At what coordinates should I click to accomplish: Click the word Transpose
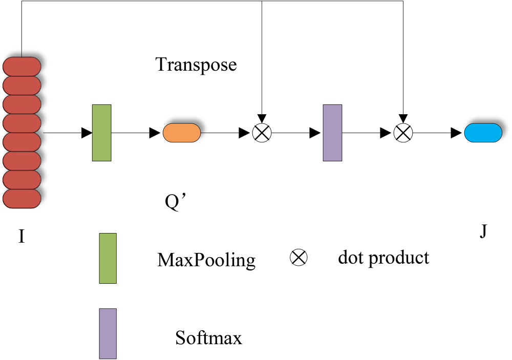(x=196, y=65)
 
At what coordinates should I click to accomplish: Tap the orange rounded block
(x=182, y=133)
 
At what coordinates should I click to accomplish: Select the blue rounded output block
(x=483, y=133)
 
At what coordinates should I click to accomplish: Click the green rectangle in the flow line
(x=102, y=133)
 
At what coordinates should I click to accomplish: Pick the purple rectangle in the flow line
(x=332, y=133)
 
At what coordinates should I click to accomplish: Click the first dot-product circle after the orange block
(x=262, y=133)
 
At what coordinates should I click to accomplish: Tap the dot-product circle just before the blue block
(x=403, y=133)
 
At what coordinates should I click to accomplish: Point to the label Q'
(x=175, y=202)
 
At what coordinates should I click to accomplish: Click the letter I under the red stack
(x=22, y=236)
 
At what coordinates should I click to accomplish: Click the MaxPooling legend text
(x=206, y=260)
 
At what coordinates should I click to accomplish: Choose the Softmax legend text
(x=209, y=337)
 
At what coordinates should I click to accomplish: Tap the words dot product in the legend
(x=383, y=258)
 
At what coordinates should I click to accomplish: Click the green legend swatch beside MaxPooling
(x=108, y=259)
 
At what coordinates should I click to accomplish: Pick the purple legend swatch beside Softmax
(x=108, y=333)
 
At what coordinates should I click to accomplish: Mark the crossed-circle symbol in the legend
(x=299, y=258)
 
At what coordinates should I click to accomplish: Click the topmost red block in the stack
(x=22, y=67)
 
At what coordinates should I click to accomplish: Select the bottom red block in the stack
(x=22, y=199)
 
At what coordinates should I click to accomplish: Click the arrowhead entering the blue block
(x=457, y=133)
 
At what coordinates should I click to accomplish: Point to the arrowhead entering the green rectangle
(x=87, y=133)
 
